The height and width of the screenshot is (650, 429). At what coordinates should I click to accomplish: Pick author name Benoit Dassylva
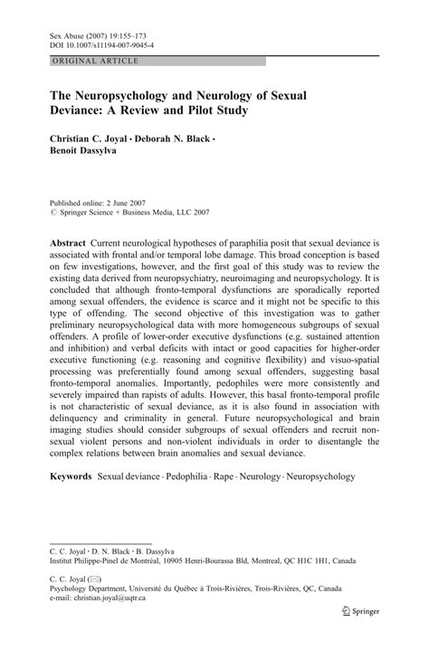(88, 155)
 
